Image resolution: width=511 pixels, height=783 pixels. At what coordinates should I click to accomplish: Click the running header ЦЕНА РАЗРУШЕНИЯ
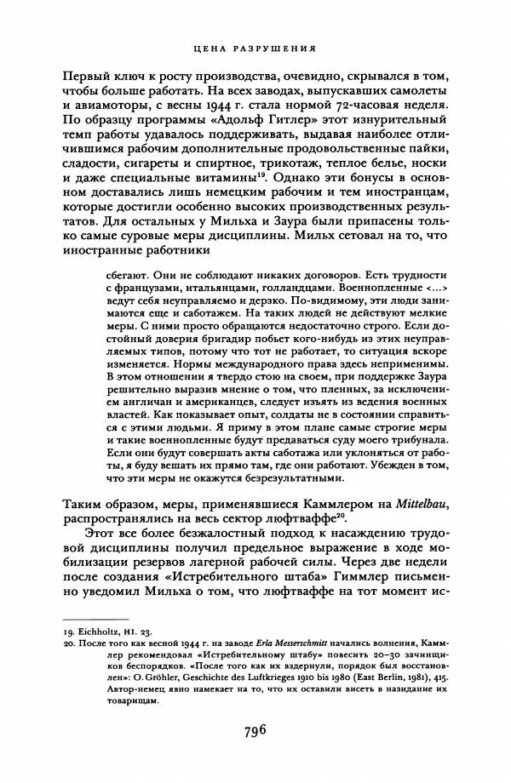point(255,49)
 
